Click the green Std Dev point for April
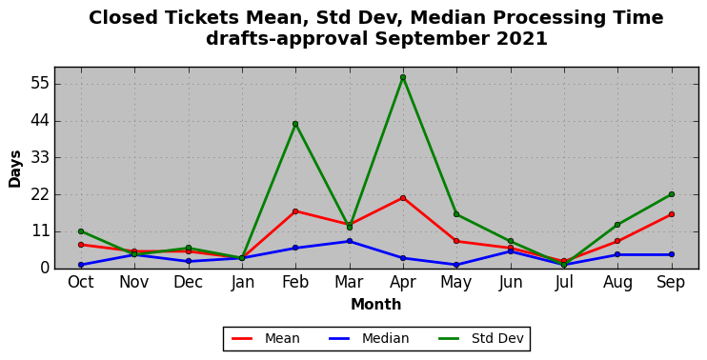pos(403,77)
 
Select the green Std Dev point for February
pos(295,124)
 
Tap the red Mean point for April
pos(403,198)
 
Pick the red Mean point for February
pos(295,211)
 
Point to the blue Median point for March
pos(350,241)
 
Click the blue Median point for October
pos(81,265)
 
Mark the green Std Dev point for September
pos(672,194)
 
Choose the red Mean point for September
pos(672,214)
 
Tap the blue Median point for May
pos(456,265)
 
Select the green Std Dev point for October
pos(81,231)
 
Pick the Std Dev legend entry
pos(480,338)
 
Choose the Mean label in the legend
pos(266,338)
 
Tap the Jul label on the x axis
pos(564,283)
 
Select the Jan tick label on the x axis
pos(242,283)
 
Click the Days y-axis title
pos(15,169)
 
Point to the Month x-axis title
pos(376,305)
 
